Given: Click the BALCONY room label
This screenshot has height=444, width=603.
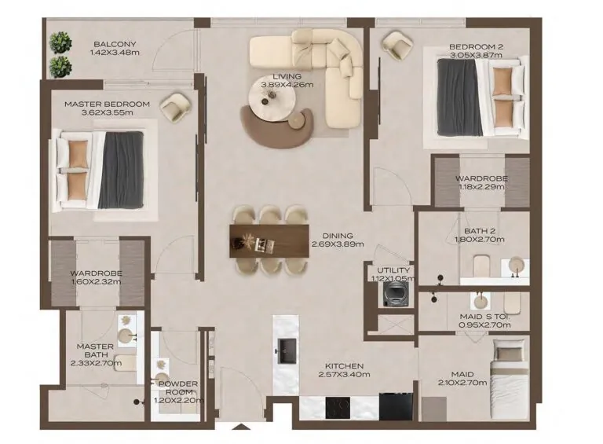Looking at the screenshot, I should (x=115, y=44).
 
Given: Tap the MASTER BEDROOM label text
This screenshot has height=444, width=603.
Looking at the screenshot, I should (x=107, y=104).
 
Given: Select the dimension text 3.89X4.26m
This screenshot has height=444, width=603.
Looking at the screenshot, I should (x=287, y=85).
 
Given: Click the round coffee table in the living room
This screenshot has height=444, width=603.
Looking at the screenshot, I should (x=269, y=98).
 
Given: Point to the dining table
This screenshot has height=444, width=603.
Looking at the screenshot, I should (x=269, y=240).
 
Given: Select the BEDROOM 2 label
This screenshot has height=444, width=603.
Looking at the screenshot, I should (x=476, y=46).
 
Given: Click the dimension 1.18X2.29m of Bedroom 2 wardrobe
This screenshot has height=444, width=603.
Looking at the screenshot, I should (x=481, y=188).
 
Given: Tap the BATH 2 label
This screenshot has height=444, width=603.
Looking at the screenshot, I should (x=476, y=231).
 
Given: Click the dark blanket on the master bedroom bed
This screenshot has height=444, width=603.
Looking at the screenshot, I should (x=121, y=171).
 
